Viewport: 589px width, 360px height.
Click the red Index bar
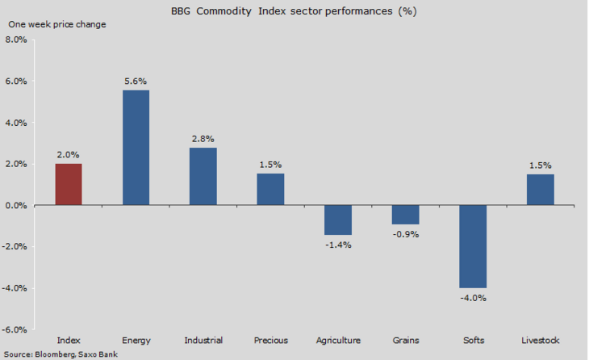68,184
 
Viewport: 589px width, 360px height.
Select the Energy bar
136,148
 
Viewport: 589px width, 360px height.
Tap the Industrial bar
203,176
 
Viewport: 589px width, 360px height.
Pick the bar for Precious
270,190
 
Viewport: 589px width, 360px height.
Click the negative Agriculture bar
338,220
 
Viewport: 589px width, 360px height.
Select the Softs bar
473,246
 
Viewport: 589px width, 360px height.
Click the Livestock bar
540,190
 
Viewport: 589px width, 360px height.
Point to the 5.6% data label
136,82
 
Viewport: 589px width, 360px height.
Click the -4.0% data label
473,297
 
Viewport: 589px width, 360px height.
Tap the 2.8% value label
203,139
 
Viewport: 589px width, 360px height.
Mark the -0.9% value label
405,234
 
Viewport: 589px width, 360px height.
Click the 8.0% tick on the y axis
16,40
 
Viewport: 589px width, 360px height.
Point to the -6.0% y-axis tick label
15,329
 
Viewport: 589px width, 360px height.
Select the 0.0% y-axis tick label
16,206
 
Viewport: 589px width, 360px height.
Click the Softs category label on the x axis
473,340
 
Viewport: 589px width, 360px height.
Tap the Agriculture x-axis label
338,340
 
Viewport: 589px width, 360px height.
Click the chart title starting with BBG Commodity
294,11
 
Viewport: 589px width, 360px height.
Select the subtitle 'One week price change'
56,23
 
